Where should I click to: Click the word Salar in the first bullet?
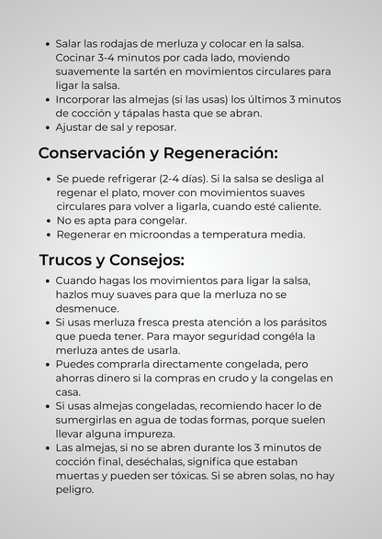click(x=70, y=43)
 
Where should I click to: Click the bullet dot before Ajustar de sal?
click(x=47, y=127)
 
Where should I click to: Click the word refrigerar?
click(x=123, y=179)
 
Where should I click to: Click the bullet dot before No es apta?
click(x=47, y=221)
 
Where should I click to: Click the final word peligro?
click(x=74, y=490)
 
